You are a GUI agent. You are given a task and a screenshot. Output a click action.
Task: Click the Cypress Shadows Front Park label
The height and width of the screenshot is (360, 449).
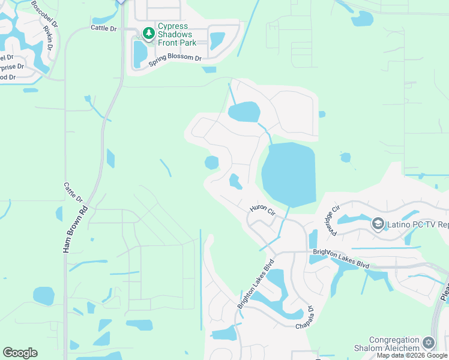point(173,34)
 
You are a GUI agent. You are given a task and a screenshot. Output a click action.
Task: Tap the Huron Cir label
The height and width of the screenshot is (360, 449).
point(262,210)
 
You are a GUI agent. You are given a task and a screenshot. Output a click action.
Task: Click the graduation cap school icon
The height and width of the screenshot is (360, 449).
point(378,224)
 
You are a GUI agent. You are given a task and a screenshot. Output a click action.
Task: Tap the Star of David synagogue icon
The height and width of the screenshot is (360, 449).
point(428,343)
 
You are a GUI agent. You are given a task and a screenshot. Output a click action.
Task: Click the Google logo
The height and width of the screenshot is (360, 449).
point(20,353)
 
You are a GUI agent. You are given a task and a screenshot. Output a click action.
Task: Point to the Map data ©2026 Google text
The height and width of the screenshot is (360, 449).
point(412,355)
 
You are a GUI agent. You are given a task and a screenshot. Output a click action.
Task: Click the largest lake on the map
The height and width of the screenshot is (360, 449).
point(289,175)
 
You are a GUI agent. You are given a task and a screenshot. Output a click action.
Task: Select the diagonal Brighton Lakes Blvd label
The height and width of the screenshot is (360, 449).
point(256,284)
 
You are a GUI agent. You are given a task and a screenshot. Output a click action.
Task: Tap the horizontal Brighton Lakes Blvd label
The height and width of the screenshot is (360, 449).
point(340,259)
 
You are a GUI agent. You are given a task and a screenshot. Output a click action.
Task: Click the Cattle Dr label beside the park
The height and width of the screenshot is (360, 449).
point(103,28)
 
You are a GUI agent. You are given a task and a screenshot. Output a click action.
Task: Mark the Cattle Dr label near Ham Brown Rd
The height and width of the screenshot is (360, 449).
point(73,193)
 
